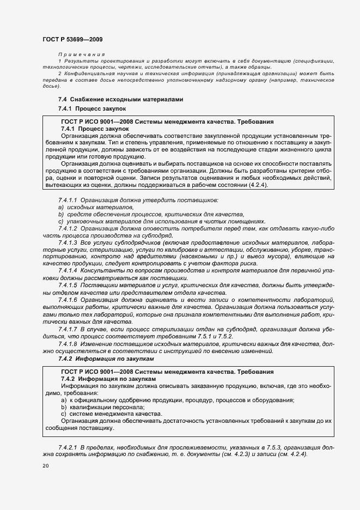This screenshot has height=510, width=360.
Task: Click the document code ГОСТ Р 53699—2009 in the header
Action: [x=72, y=39]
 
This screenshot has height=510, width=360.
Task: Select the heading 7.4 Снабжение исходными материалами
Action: [x=121, y=100]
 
